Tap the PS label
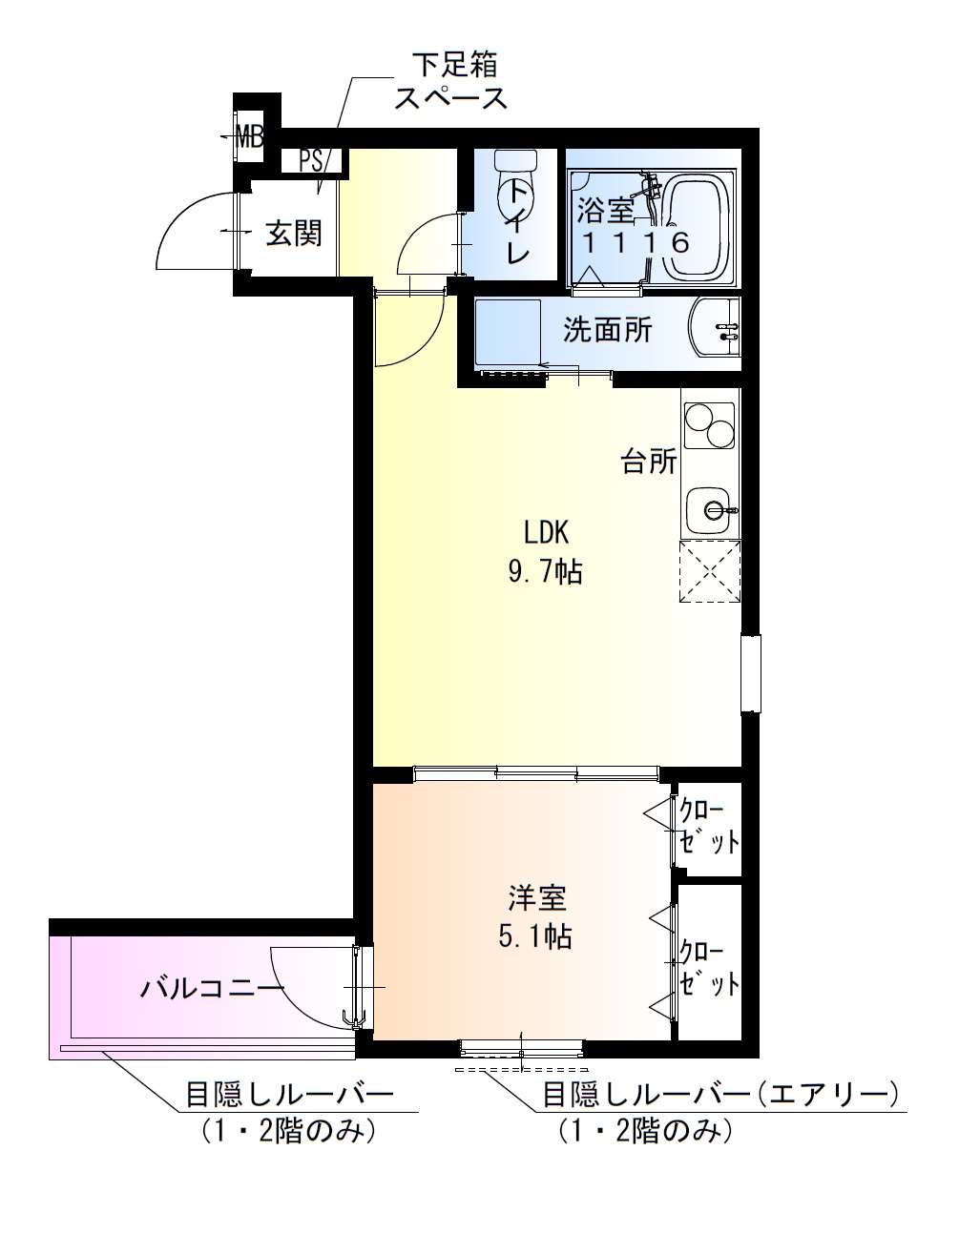pos(311,160)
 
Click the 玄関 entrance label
pos(293,233)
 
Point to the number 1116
pos(636,242)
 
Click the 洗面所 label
pos(608,330)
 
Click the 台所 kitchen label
pos(649,462)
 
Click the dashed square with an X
pos(709,570)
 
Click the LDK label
pos(545,531)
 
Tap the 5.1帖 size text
pos(535,937)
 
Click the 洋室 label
pos(536,897)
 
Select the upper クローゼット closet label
pos(708,826)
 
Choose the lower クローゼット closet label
pos(708,968)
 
